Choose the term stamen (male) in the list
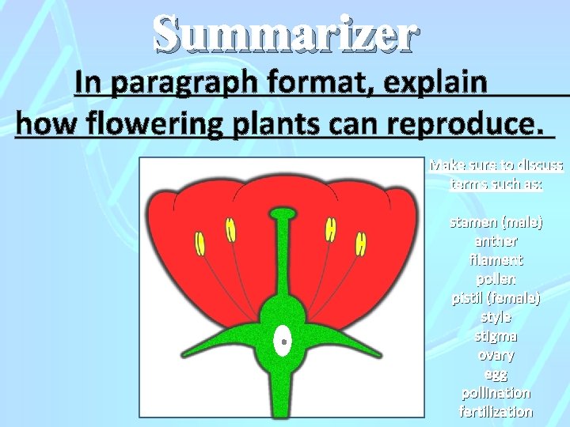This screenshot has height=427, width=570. click(496, 222)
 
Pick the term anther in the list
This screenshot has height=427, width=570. click(496, 241)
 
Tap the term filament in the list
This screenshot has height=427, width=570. click(496, 260)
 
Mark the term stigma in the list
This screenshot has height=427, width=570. click(496, 336)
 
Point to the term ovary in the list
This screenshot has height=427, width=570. click(496, 355)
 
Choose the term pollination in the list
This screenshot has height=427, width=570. click(496, 393)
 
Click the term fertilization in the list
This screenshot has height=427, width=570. click(496, 412)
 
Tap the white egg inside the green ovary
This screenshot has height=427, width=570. click(281, 342)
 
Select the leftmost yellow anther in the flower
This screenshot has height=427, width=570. click(201, 244)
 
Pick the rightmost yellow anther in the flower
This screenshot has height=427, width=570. click(360, 244)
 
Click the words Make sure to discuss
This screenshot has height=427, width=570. click(496, 166)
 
